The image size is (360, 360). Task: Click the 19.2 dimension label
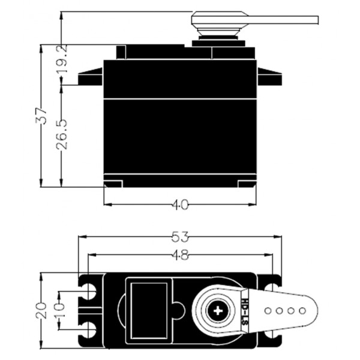[x=62, y=59]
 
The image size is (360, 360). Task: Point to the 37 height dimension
[x=41, y=116]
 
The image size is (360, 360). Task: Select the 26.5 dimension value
[x=62, y=134]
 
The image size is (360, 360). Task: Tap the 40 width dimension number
[x=181, y=205]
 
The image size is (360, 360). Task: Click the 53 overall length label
[x=180, y=237]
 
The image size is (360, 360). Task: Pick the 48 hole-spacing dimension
[x=181, y=254]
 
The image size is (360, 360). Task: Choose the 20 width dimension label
[x=41, y=310]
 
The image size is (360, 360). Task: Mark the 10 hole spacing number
[x=60, y=310]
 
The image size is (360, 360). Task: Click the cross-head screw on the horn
[x=218, y=311]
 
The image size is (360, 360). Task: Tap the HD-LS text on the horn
[x=245, y=311]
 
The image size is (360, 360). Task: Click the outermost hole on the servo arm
[x=302, y=311]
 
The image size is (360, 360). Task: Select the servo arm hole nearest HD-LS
[x=268, y=311]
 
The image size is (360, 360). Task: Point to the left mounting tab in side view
[x=91, y=77]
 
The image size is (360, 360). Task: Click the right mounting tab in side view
[x=269, y=77]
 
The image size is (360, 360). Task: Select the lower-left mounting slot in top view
[x=90, y=329]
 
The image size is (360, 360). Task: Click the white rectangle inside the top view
[x=149, y=311]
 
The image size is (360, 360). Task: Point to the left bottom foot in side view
[x=113, y=184]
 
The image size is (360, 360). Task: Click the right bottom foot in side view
[x=247, y=184]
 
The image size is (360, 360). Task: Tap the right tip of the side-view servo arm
[x=318, y=20]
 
